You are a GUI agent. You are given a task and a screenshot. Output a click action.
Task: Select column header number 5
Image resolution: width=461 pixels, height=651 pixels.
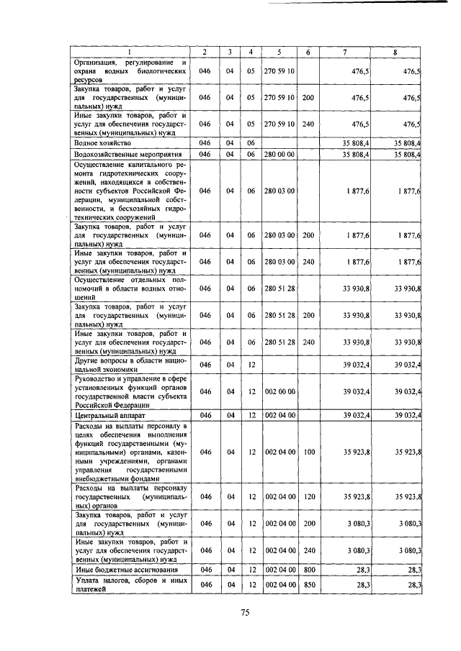pos(279,53)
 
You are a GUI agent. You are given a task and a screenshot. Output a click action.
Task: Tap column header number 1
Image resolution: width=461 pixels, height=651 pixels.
pos(130,53)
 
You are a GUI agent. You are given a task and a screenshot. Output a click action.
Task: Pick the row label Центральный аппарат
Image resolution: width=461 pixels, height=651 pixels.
pos(108,416)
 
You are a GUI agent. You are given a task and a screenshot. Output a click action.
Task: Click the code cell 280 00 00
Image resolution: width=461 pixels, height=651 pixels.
pos(279,155)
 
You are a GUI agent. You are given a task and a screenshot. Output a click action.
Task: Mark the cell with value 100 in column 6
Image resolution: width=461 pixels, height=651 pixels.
pos(308,452)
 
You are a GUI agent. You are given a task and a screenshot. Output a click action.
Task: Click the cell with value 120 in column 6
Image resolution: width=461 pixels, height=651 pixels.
pos(308,497)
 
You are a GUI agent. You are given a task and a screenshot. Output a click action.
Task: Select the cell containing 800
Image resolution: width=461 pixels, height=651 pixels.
pos(308,570)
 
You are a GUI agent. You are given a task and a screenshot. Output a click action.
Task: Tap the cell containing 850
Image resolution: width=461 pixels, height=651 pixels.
pos(308,586)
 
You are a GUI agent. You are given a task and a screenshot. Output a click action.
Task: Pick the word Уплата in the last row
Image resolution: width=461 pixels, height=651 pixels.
pos(89,581)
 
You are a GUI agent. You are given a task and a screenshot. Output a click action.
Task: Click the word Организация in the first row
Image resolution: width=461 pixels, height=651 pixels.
pos(98,63)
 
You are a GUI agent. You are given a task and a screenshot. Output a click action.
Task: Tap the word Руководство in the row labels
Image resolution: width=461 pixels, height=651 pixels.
pos(99,378)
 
